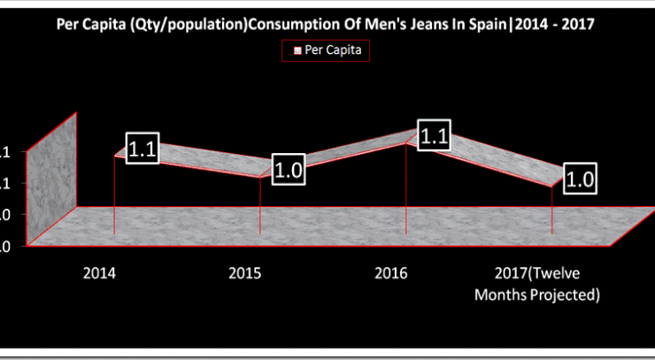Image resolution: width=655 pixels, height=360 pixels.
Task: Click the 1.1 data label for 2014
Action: (x=143, y=150)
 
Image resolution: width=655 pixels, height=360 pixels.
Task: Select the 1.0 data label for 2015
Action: (x=288, y=170)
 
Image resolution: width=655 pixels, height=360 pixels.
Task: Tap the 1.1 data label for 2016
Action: (x=435, y=137)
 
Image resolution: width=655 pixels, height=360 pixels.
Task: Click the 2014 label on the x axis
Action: (x=98, y=272)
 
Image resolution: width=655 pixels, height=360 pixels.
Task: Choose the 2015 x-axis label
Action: (x=245, y=272)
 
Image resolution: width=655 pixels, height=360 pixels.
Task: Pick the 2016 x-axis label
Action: (x=391, y=272)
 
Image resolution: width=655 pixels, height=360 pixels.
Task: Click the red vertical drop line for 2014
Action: (x=115, y=199)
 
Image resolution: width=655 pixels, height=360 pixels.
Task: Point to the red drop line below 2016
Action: (x=406, y=190)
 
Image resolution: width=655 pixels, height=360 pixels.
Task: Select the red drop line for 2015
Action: (x=260, y=208)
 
